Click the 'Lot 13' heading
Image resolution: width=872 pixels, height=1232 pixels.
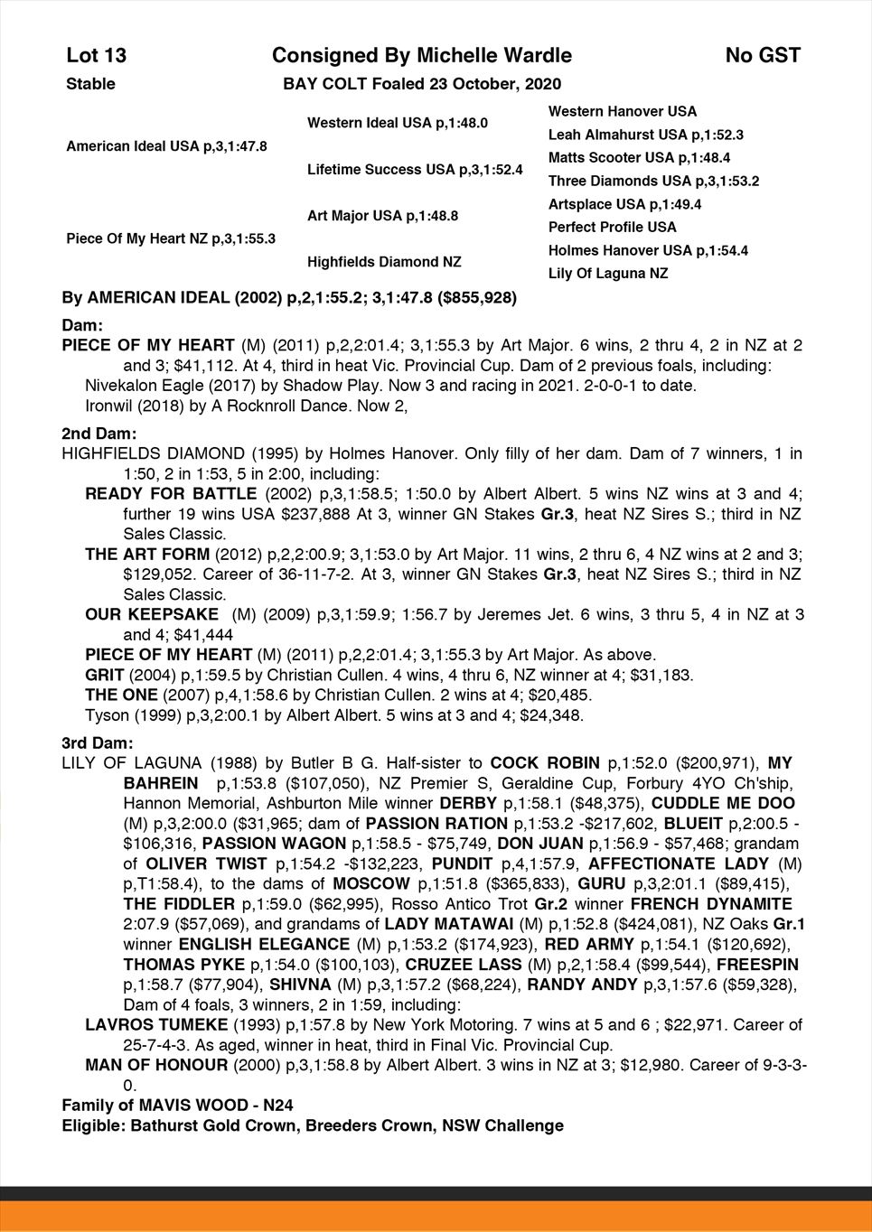(97, 56)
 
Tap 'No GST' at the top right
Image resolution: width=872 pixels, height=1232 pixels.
(763, 56)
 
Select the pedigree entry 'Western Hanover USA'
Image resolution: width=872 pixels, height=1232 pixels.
(623, 111)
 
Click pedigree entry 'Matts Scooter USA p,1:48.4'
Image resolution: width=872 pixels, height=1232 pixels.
(639, 158)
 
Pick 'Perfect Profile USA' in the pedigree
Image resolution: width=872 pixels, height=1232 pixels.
(612, 228)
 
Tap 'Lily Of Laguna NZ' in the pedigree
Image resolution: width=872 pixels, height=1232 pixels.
(608, 274)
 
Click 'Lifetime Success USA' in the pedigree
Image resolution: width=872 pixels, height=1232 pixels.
(415, 170)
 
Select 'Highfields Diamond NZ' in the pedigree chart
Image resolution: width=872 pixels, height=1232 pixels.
(384, 262)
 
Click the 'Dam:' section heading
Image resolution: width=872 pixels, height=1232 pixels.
(82, 324)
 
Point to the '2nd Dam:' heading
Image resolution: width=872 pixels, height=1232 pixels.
(98, 434)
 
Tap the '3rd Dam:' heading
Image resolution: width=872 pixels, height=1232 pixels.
(97, 743)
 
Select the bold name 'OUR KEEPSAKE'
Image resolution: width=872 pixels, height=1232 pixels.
(152, 615)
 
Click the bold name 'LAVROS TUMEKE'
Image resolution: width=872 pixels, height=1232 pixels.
(156, 1025)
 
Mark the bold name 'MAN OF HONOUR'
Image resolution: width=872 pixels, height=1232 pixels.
(156, 1065)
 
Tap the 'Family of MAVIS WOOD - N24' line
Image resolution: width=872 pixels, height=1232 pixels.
(177, 1106)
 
